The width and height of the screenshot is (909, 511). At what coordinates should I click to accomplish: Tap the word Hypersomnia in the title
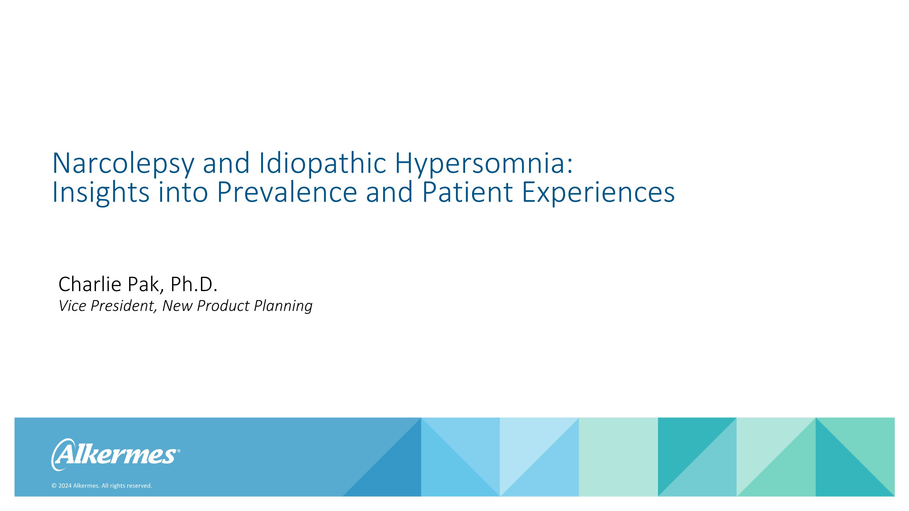(480, 163)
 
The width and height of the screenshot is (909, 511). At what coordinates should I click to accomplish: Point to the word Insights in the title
(101, 192)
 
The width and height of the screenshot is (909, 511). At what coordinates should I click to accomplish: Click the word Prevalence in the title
(287, 192)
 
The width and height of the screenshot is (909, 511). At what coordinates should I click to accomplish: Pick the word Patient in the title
(467, 192)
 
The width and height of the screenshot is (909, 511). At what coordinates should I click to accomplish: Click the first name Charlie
(90, 284)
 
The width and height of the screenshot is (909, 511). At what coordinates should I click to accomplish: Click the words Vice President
(107, 306)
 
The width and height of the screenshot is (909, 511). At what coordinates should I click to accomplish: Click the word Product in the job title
(223, 306)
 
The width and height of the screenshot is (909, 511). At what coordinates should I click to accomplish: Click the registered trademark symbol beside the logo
(178, 451)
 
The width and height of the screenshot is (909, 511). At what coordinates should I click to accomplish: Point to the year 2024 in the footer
(65, 486)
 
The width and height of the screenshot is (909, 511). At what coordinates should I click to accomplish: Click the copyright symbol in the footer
(54, 486)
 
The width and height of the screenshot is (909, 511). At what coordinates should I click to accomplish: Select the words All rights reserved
(127, 486)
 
